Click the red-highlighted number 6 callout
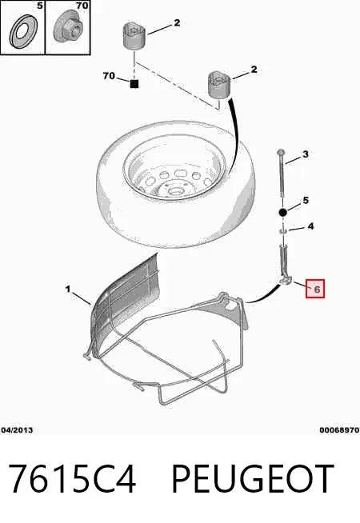click(315, 289)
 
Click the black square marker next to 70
click(134, 84)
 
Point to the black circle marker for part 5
click(282, 212)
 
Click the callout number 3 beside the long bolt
click(306, 154)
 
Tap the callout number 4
click(310, 226)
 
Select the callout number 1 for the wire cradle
click(68, 289)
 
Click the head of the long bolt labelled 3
click(280, 153)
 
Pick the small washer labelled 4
click(282, 230)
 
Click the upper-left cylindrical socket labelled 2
click(134, 37)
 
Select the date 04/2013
click(17, 430)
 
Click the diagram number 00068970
click(339, 430)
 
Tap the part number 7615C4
click(72, 479)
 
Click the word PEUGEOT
click(253, 479)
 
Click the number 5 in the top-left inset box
click(40, 6)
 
